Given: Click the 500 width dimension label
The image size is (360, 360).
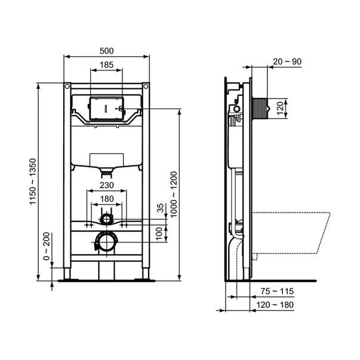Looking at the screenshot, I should [x=106, y=51].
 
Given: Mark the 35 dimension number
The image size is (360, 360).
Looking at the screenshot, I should [x=160, y=208].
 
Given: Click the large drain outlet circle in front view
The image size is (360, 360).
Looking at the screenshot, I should [x=106, y=243].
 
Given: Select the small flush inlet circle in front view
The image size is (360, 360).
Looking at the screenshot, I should [x=106, y=219].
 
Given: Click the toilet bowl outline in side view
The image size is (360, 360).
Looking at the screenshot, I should [x=293, y=233].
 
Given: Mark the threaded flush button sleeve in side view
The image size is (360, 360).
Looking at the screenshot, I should [x=261, y=108].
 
